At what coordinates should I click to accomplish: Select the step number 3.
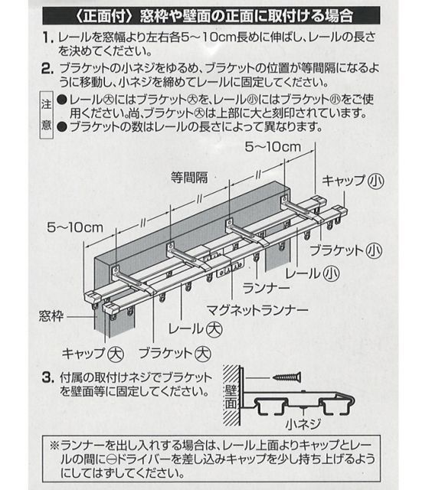click(x=47, y=377)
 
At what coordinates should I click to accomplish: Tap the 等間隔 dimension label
click(x=188, y=176)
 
